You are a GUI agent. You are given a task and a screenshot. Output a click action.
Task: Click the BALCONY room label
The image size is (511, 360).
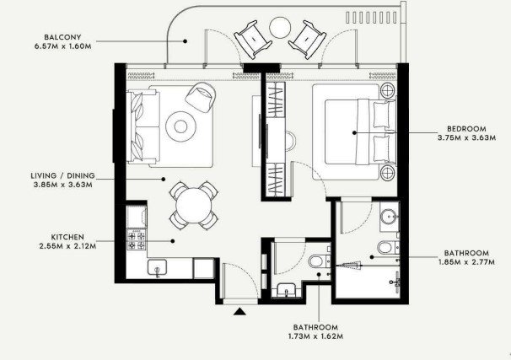pyautogui.click(x=62, y=37)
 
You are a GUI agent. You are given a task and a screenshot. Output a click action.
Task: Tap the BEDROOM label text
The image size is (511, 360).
pyautogui.click(x=466, y=129)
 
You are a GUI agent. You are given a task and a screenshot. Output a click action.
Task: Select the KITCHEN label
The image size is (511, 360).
pyautogui.click(x=67, y=237)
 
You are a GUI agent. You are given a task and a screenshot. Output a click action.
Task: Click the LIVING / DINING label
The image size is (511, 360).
pyautogui.click(x=63, y=175)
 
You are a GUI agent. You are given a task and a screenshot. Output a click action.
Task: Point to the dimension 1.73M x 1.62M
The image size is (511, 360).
pyautogui.click(x=315, y=336)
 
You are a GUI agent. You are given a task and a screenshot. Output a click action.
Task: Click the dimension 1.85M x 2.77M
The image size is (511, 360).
pyautogui.click(x=466, y=261)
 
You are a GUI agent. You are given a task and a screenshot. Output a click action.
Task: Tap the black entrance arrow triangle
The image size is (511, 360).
pyautogui.click(x=239, y=311)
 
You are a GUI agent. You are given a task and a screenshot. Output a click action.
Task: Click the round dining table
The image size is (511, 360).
pyautogui.click(x=194, y=205)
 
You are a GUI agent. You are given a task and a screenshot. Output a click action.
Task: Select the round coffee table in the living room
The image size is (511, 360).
pyautogui.click(x=180, y=126)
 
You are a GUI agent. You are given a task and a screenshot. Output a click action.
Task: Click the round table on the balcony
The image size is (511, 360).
pyautogui.click(x=280, y=28)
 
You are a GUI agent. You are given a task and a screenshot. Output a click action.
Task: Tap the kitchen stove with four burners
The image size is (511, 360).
pyautogui.click(x=137, y=239)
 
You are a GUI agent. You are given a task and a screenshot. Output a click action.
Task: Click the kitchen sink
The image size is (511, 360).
pyautogui.click(x=157, y=268)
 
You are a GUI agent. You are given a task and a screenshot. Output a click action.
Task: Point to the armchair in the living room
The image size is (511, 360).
pyautogui.click(x=201, y=97)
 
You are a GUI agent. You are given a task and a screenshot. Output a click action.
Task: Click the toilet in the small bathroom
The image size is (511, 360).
pyautogui.click(x=320, y=261)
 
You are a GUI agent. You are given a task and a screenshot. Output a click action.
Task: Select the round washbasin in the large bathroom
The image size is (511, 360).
pyautogui.click(x=389, y=216)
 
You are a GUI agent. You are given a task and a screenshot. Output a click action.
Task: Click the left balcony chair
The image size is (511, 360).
pyautogui.click(x=253, y=40)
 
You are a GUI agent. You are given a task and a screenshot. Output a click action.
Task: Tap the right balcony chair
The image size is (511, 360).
pyautogui.click(x=307, y=40)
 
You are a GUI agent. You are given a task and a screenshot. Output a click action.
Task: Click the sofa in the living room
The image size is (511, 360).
pyautogui.click(x=143, y=126)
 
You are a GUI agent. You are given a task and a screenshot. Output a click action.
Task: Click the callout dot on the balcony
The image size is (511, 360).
pyautogui.click(x=185, y=41)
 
